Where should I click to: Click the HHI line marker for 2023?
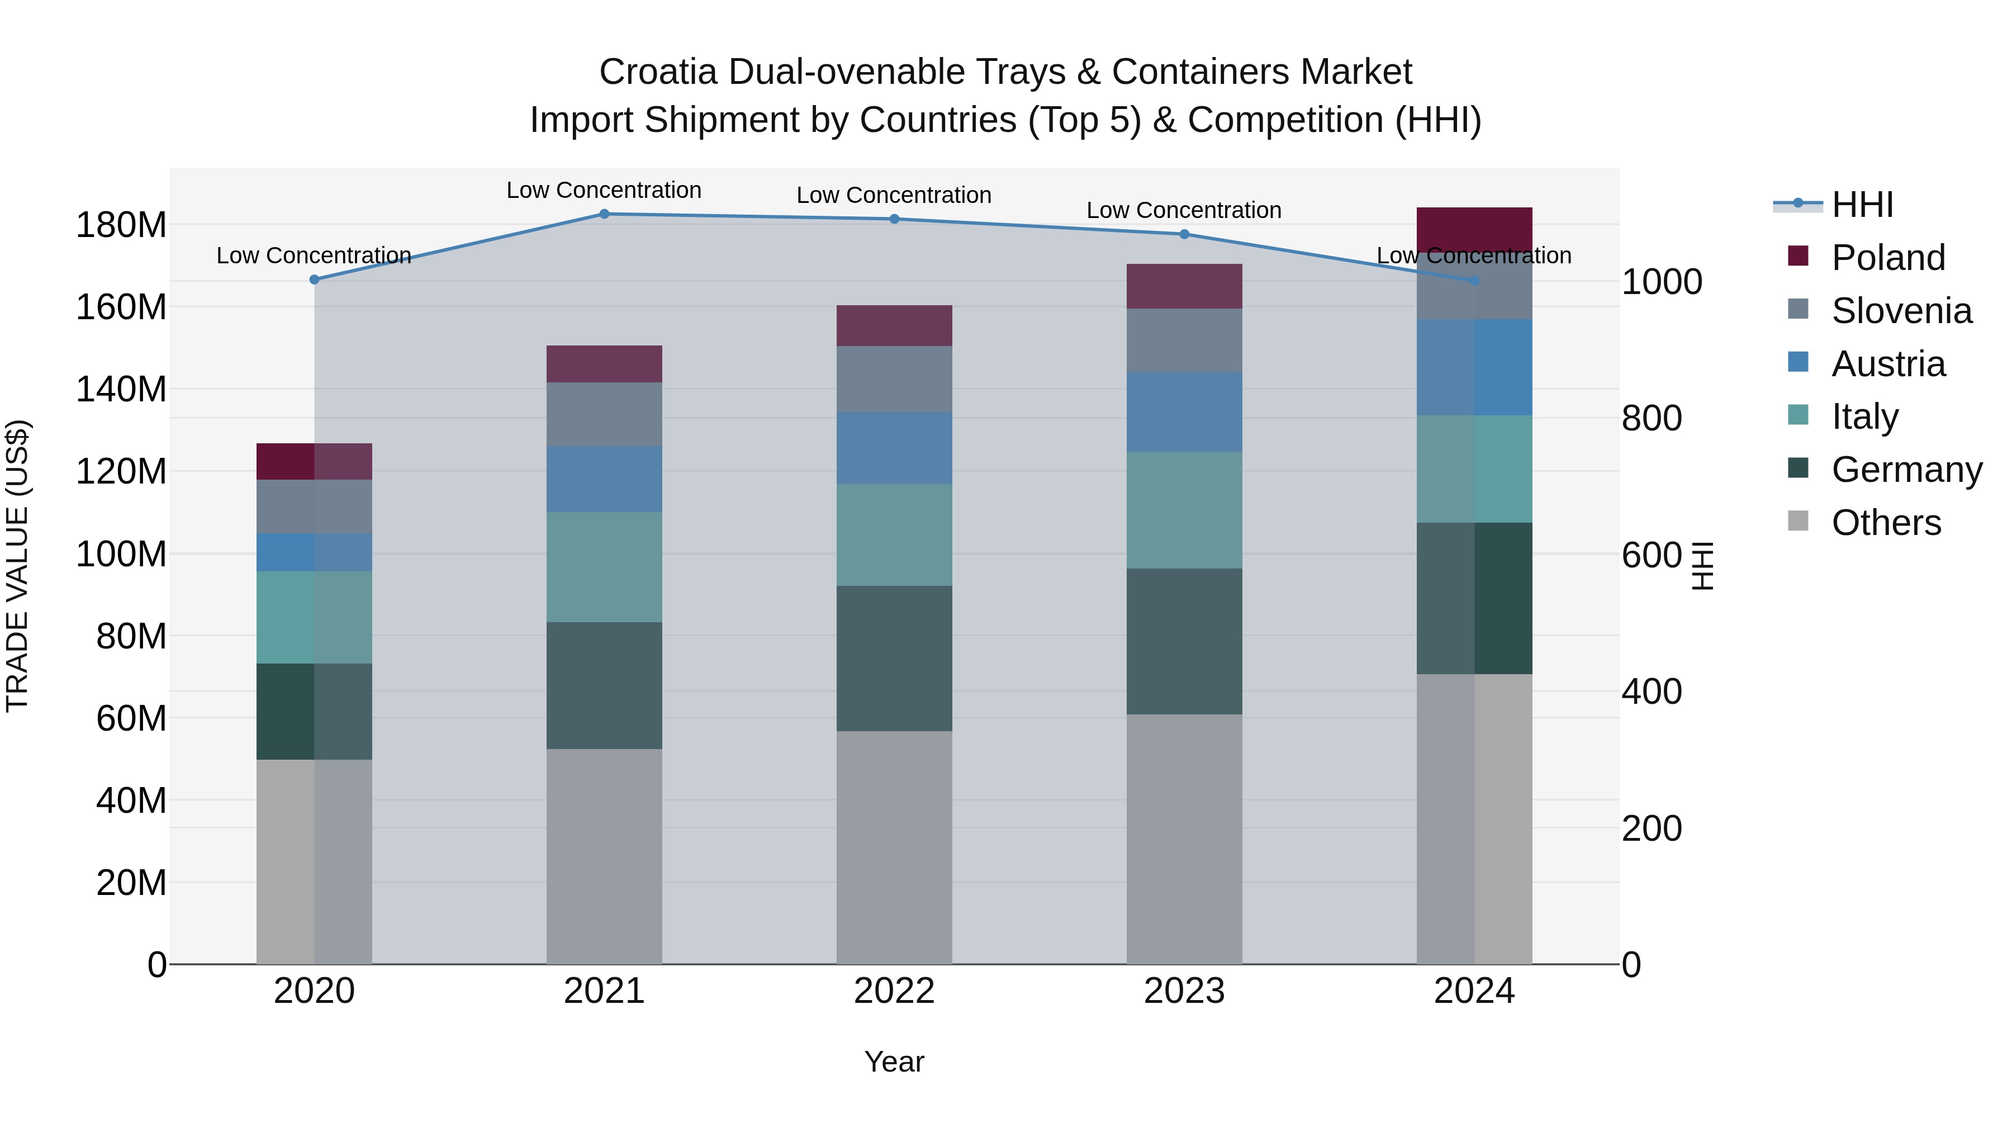click(1184, 234)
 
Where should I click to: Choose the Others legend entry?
click(1886, 523)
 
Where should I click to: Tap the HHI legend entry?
click(1862, 205)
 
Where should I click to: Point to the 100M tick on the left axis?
click(121, 554)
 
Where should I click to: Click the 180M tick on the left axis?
click(121, 225)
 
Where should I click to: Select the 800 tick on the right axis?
click(1651, 418)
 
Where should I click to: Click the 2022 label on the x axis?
click(894, 991)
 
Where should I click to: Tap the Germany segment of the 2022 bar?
click(894, 659)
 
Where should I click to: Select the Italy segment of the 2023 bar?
click(1184, 510)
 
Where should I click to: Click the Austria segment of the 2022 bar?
click(894, 448)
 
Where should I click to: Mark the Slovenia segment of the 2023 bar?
click(1184, 340)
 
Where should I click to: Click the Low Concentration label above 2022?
click(894, 195)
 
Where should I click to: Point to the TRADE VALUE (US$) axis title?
click(17, 566)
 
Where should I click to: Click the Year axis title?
click(894, 1062)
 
